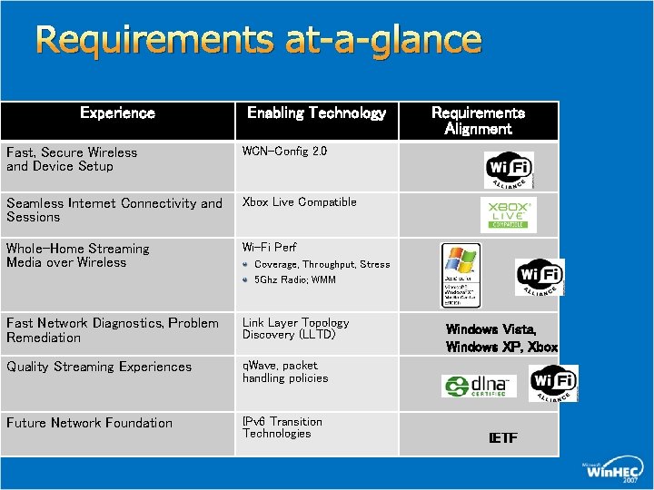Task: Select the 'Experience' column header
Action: (x=117, y=113)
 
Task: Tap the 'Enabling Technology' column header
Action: (x=316, y=113)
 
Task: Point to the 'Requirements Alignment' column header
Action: (x=478, y=121)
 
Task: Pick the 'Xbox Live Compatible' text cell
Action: (x=299, y=201)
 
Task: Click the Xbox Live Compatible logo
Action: (x=508, y=216)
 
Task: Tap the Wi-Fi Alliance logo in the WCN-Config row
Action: (x=510, y=169)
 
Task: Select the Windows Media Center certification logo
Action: (x=461, y=275)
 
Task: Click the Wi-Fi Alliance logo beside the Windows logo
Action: (x=540, y=276)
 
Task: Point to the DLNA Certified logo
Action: (x=479, y=386)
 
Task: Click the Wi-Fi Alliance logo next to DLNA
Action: (x=553, y=383)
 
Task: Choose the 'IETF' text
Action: (x=502, y=438)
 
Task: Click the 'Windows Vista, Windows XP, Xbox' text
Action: (x=501, y=338)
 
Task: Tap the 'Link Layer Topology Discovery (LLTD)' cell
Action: (x=295, y=328)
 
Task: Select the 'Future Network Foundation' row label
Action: (x=89, y=423)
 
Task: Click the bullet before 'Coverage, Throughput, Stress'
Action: (x=246, y=265)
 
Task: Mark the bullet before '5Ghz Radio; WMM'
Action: (x=246, y=279)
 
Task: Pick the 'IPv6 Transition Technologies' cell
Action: (x=282, y=427)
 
